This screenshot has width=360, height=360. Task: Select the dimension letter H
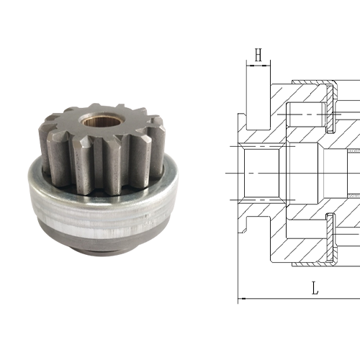(258, 55)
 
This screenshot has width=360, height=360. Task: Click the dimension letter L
(315, 288)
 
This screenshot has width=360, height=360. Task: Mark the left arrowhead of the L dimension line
(242, 299)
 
